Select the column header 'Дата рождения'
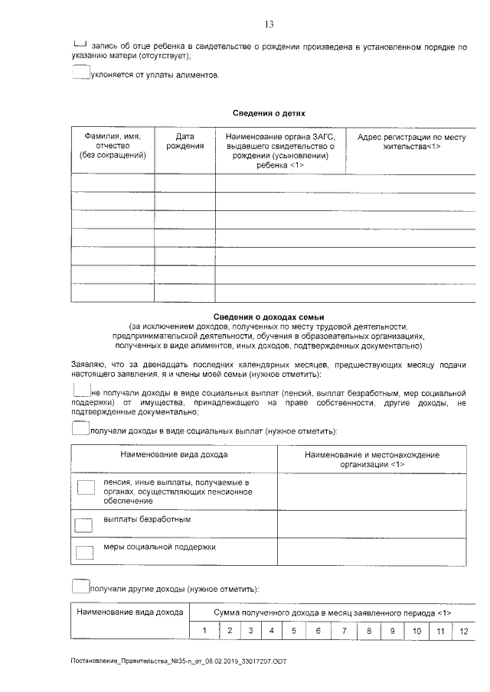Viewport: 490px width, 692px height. click(185, 141)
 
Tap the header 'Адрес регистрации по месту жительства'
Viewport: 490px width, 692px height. click(411, 141)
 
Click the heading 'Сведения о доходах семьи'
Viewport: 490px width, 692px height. click(269, 317)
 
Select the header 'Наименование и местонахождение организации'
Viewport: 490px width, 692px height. click(371, 460)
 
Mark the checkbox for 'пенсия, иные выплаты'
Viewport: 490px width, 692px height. click(87, 487)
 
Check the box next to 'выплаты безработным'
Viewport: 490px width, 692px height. click(82, 524)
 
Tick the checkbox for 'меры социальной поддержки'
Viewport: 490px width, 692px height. click(82, 552)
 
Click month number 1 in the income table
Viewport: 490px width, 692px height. click(204, 631)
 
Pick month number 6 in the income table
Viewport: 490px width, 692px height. click(318, 631)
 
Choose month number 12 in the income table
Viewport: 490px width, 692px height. click(463, 631)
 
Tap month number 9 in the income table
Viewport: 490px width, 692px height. click(392, 631)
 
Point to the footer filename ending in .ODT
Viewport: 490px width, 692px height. click(178, 661)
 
